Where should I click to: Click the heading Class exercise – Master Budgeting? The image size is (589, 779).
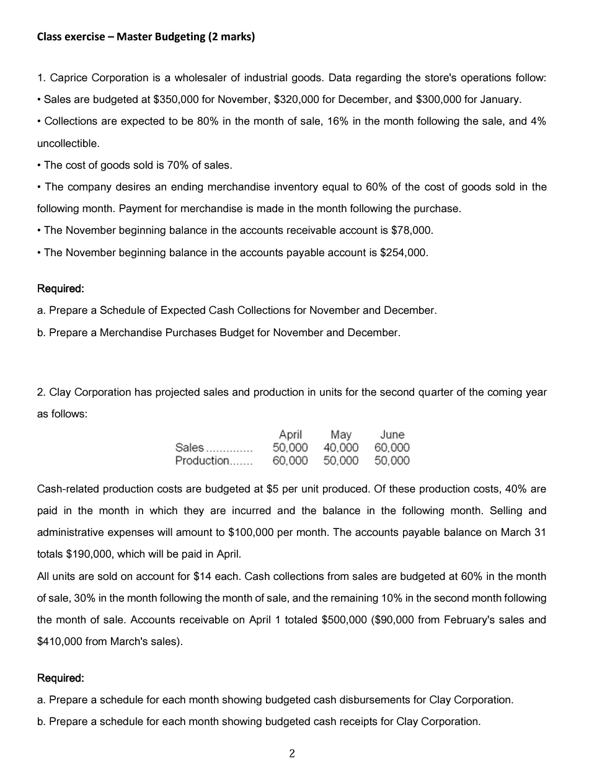point(146,37)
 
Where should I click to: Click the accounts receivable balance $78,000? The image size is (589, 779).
point(412,231)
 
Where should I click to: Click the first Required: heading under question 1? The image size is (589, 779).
point(61,288)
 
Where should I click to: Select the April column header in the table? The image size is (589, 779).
point(290,435)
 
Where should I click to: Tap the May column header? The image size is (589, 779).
point(340,435)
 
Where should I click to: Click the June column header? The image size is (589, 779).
point(392,435)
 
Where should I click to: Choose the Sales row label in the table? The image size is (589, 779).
point(190,448)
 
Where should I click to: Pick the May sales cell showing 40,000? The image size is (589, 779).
point(340,448)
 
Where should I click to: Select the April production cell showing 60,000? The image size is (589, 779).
point(290,460)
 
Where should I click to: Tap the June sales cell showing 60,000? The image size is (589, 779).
point(392,448)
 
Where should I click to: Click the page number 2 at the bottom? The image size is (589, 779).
point(293,754)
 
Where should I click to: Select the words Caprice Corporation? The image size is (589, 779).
point(99,78)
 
